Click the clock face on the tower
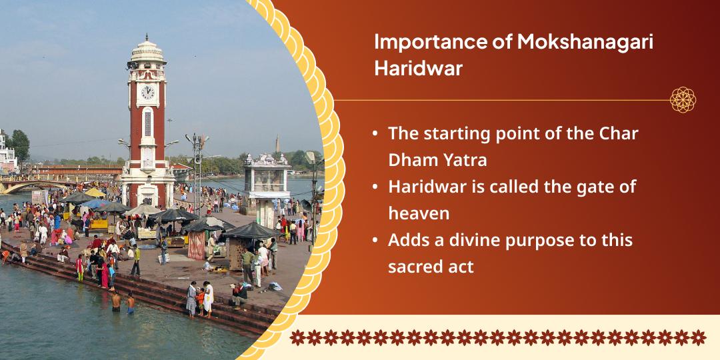tap(147, 92)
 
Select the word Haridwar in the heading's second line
tap(418, 69)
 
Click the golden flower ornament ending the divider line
tap(683, 100)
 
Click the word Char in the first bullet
tap(617, 133)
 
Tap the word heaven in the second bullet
tap(418, 213)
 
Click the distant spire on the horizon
tap(277, 143)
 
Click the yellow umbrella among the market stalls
tap(95, 193)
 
